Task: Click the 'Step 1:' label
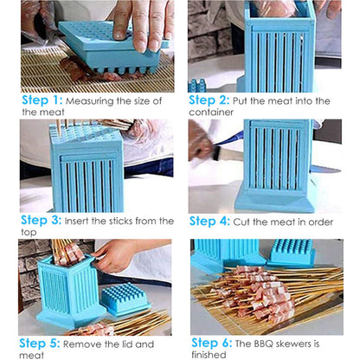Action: click(42, 100)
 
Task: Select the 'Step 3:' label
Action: click(42, 221)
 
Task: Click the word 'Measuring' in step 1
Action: click(97, 101)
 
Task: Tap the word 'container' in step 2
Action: click(217, 112)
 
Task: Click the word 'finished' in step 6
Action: click(216, 354)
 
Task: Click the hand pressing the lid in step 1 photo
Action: click(143, 19)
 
